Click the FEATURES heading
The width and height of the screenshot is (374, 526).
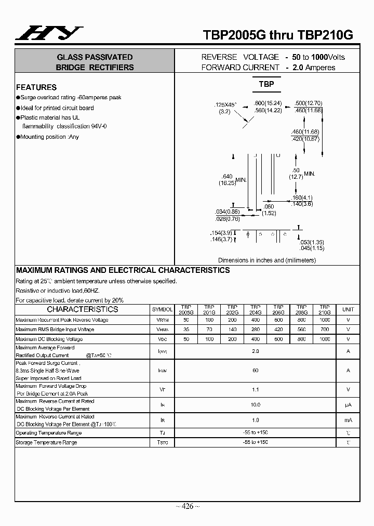[x=36, y=87]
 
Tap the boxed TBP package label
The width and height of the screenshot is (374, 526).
[x=266, y=84]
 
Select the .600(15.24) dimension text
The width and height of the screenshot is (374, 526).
[x=268, y=103]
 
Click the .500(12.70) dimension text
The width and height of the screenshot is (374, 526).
[x=309, y=103]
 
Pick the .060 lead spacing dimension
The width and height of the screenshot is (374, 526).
[x=268, y=207]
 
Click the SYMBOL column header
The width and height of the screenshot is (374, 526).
[x=162, y=309]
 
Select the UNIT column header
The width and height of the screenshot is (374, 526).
[x=348, y=309]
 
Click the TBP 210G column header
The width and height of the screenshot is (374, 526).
[x=325, y=310]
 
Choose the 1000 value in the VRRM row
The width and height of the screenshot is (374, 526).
[x=325, y=320]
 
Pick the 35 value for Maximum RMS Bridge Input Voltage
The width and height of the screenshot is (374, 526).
[x=185, y=330]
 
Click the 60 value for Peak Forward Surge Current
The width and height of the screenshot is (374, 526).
[x=255, y=371]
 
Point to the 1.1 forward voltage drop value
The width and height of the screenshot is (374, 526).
[x=255, y=389]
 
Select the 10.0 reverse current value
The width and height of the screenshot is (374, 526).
[x=255, y=404]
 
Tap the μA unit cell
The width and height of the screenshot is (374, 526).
[x=348, y=404]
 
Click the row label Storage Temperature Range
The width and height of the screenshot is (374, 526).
[x=46, y=442]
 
